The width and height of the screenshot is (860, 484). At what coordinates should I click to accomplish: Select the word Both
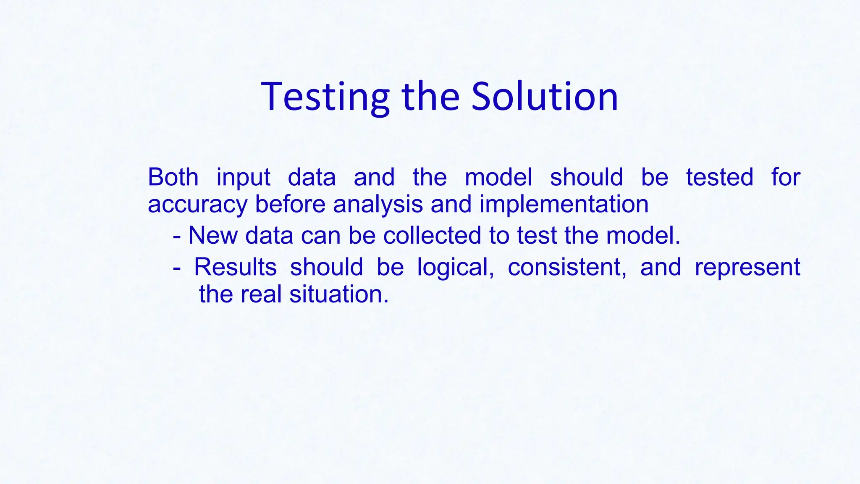pos(173,177)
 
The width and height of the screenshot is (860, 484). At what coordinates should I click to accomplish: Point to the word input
pos(243,178)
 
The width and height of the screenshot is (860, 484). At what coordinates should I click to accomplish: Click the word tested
pos(720,177)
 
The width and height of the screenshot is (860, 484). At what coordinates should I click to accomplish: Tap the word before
pos(290,204)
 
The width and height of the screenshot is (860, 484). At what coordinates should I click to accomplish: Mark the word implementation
pos(564,205)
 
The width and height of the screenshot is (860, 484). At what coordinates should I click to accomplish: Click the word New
pos(213,235)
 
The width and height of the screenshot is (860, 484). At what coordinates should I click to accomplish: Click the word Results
pos(235,267)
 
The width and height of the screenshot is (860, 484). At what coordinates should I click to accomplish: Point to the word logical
pos(455,268)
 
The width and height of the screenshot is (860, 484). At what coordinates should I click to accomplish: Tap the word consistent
pos(567,267)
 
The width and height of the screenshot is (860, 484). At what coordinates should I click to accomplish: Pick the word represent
pos(747,268)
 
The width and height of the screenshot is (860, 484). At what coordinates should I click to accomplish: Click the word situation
pos(339,294)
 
